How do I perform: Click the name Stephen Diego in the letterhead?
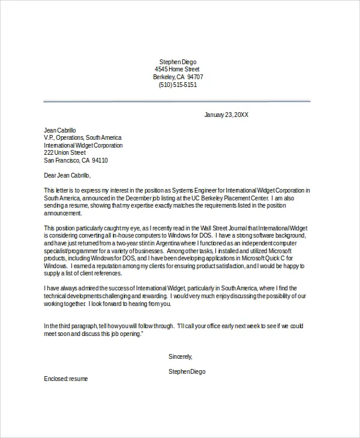click(177, 62)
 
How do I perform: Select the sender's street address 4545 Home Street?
click(177, 70)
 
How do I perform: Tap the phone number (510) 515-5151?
click(177, 85)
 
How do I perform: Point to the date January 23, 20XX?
click(227, 115)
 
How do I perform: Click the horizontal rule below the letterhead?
click(177, 101)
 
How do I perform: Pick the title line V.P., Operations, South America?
click(83, 137)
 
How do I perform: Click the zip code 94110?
click(98, 161)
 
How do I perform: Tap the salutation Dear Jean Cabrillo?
click(67, 175)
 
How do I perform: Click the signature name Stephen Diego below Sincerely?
click(187, 372)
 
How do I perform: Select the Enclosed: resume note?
click(66, 379)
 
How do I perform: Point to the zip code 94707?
click(195, 77)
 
